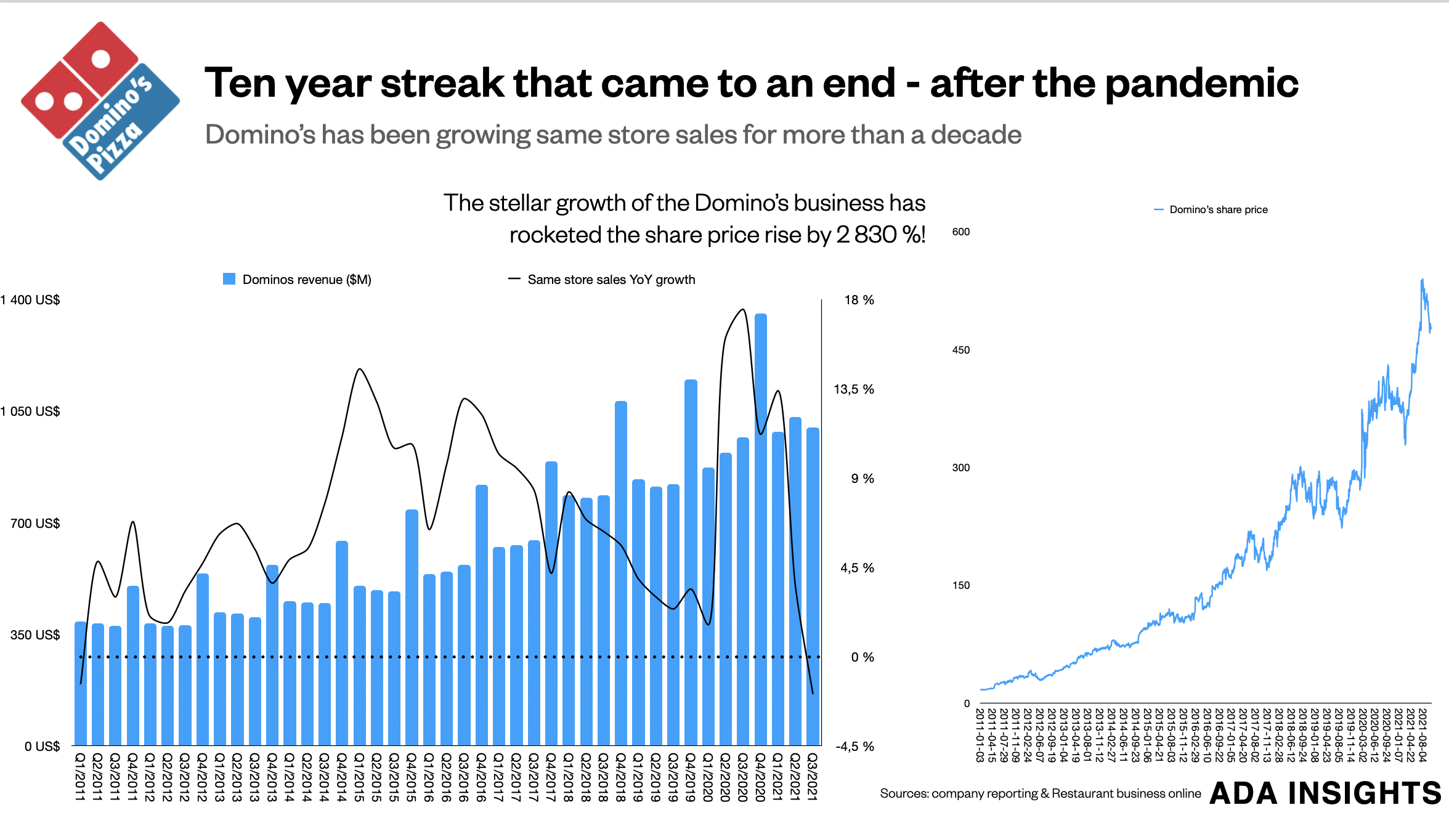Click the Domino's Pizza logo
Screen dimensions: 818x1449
(x=100, y=101)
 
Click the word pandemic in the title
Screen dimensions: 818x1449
(x=1201, y=83)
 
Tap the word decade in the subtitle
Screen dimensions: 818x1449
(x=976, y=135)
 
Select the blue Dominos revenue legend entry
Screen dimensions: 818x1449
(x=297, y=280)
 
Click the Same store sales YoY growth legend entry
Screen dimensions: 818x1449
(x=602, y=280)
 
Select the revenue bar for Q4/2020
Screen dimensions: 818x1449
(x=760, y=530)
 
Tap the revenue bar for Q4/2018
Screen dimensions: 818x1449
(x=621, y=573)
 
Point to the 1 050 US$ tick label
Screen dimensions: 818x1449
(x=31, y=411)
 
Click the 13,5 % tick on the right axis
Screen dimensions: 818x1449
(x=853, y=389)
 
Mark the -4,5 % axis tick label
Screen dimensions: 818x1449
(x=854, y=747)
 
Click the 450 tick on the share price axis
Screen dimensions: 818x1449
(x=960, y=350)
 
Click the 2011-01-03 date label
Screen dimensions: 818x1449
(x=980, y=735)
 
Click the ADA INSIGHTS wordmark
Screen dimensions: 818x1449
(x=1325, y=793)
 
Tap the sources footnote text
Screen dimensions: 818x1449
(x=1040, y=793)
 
